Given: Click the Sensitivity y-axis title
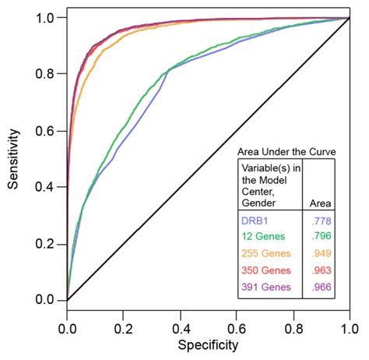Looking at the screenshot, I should (13, 158).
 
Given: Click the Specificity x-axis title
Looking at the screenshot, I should (208, 344).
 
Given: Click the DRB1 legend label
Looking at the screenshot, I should (255, 221).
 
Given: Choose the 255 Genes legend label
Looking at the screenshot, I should (265, 252).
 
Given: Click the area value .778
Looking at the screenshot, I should (319, 221).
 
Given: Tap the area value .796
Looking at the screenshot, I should (319, 237).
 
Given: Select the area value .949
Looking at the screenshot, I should (319, 252).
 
